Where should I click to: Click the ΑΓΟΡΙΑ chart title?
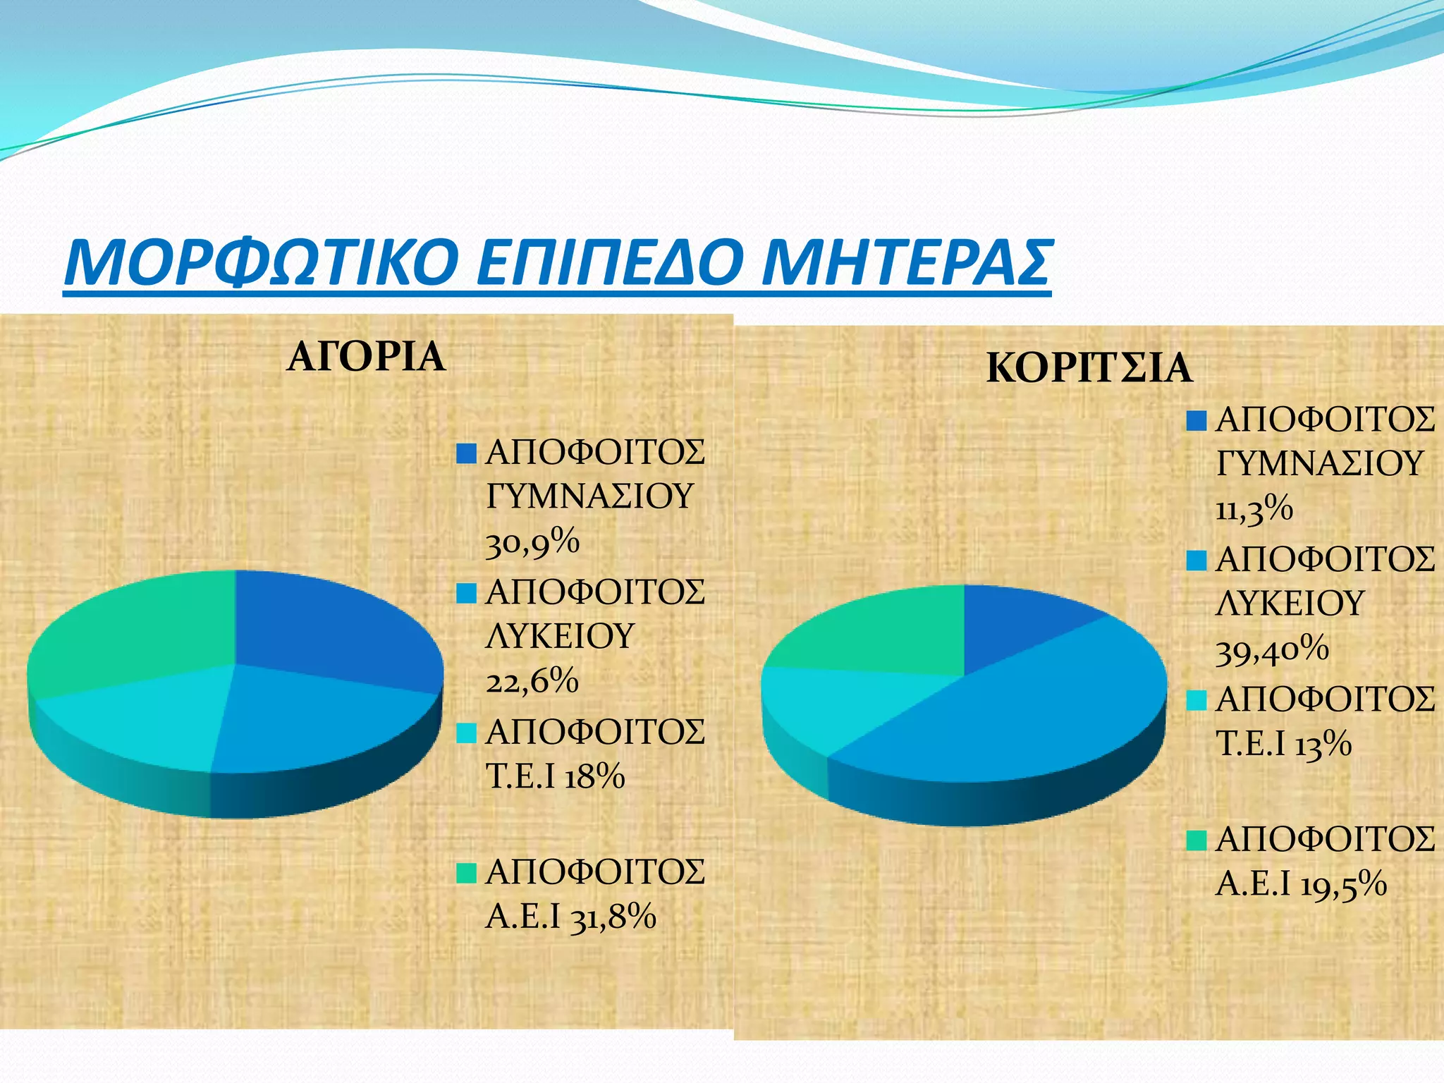coord(366,357)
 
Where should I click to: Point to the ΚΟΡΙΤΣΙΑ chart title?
coord(1089,368)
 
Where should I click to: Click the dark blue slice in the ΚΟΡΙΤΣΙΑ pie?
coord(1015,620)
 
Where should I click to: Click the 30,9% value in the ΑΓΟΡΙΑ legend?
coord(532,543)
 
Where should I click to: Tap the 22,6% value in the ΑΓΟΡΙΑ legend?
coord(532,682)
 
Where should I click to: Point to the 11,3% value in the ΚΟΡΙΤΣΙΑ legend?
coord(1254,509)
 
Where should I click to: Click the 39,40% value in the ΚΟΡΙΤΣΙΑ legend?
coord(1272,649)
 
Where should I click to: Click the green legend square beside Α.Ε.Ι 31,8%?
coord(467,873)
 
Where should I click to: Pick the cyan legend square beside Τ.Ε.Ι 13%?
coord(1197,700)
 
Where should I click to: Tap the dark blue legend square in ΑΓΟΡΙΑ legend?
coord(467,453)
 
